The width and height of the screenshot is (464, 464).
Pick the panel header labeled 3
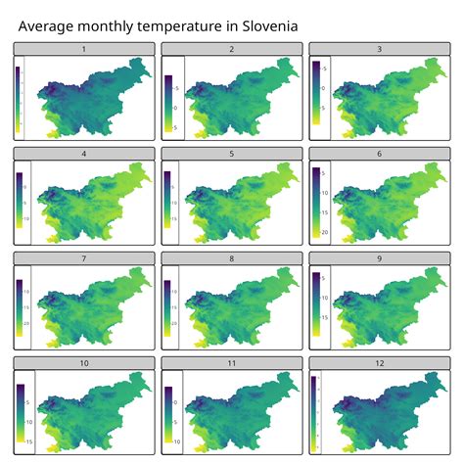tap(379, 48)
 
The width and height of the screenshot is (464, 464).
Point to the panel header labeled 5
tap(231, 153)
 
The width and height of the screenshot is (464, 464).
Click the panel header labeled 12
tap(379, 362)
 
